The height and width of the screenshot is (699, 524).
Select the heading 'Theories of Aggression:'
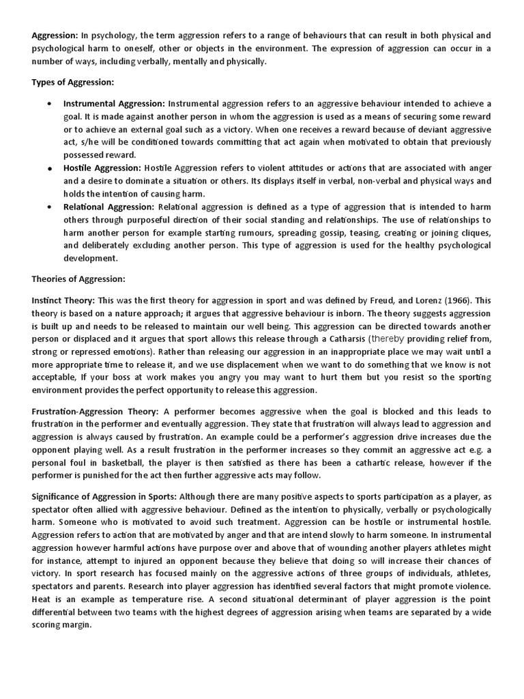coord(79,279)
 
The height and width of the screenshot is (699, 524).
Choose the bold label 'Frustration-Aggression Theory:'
coord(95,412)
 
